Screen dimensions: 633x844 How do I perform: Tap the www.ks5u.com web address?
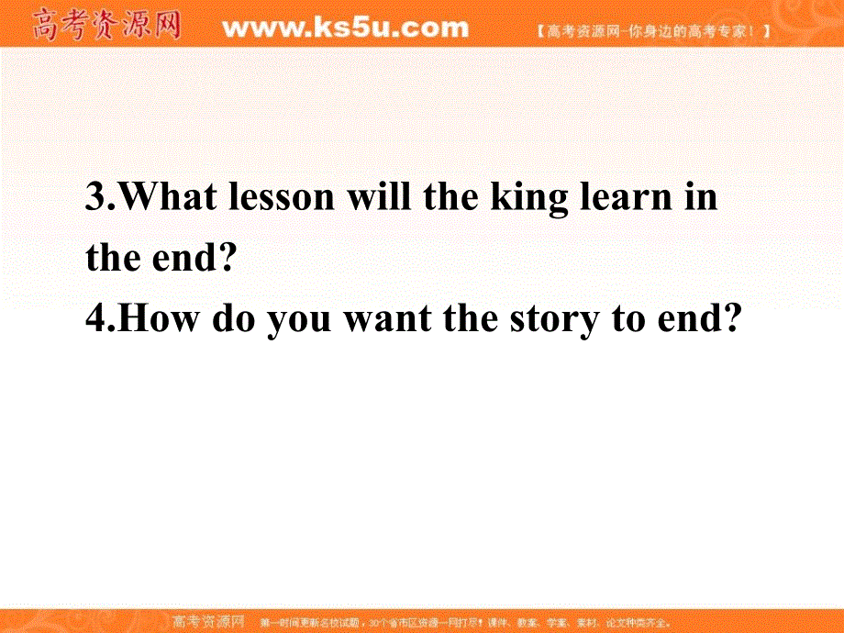tap(345, 28)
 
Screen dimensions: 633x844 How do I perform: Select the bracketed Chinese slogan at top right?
tap(652, 30)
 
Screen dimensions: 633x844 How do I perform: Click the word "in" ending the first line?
tap(701, 198)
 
